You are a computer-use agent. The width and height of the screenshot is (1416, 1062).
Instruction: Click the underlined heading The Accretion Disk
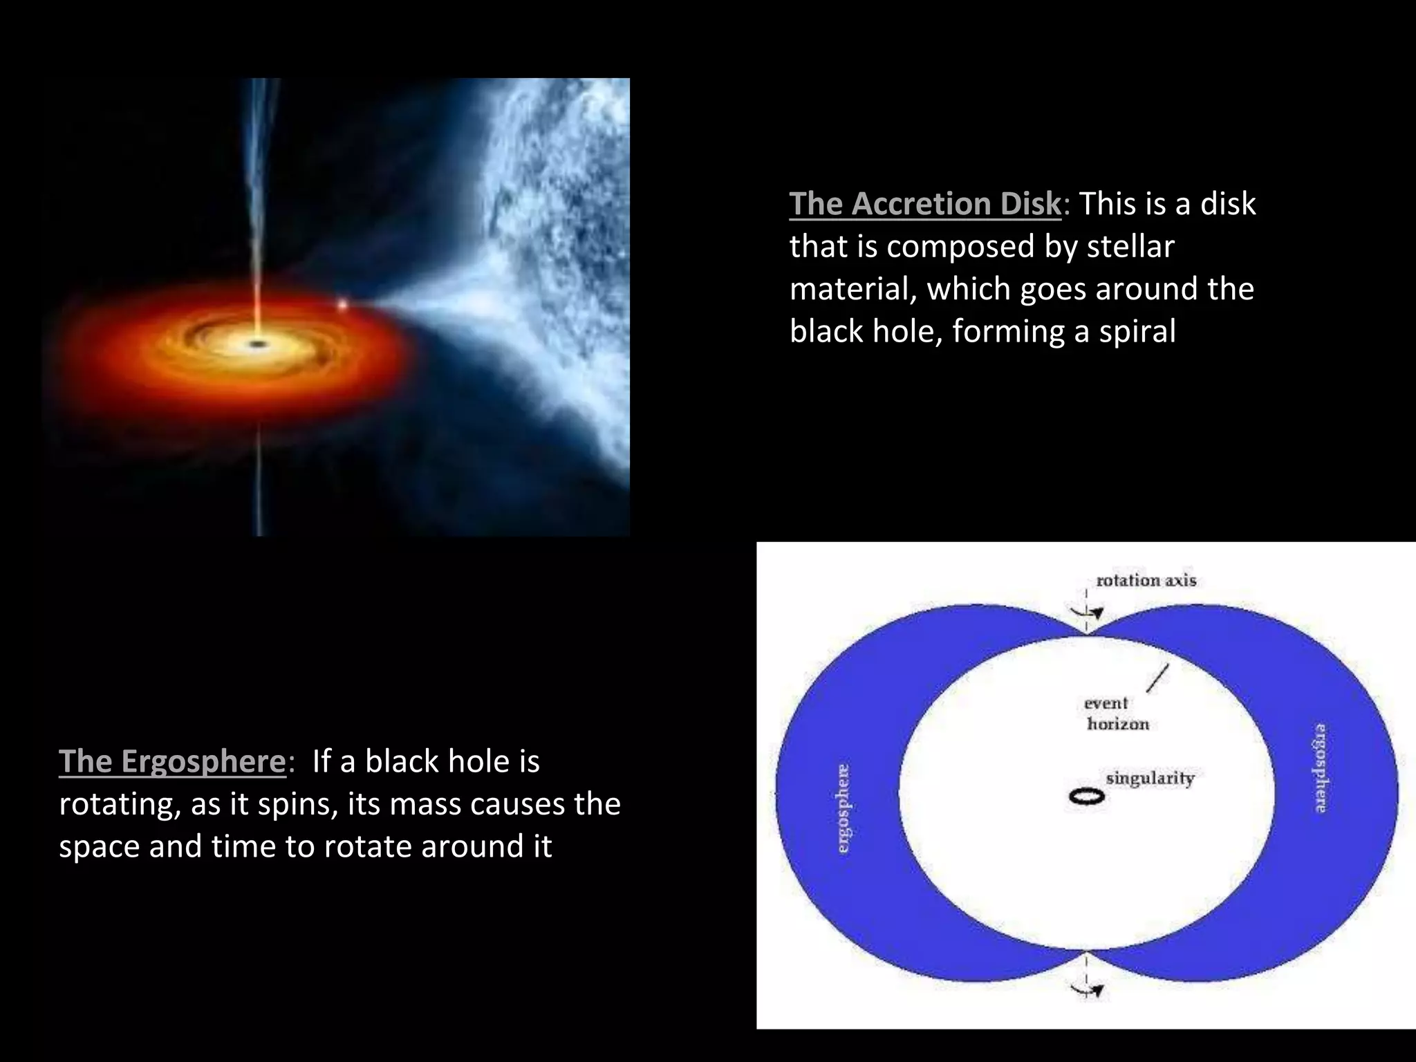(x=924, y=204)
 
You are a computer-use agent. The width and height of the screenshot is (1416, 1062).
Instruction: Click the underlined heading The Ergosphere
(x=172, y=761)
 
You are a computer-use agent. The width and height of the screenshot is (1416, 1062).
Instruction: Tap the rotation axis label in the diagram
(x=1146, y=580)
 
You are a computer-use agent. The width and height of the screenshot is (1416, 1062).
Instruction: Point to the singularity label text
(x=1150, y=778)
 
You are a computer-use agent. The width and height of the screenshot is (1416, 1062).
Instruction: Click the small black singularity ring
(x=1087, y=796)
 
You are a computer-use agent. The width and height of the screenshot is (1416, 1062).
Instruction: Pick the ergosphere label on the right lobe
(x=1320, y=767)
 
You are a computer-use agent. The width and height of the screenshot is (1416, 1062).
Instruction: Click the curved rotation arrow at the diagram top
(x=1088, y=611)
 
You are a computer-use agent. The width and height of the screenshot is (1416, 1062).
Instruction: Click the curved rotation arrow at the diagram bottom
(x=1087, y=990)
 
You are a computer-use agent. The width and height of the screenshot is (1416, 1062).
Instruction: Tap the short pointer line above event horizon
(x=1158, y=678)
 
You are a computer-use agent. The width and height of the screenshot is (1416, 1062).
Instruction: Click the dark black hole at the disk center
(x=258, y=344)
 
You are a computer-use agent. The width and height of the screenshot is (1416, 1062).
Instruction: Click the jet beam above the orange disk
(x=261, y=207)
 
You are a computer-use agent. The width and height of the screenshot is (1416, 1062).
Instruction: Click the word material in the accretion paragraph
(x=852, y=288)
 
